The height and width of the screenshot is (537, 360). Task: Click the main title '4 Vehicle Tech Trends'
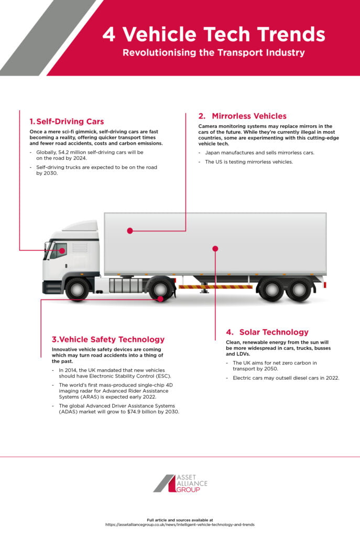tap(213, 35)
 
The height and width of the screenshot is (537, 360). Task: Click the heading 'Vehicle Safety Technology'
tap(108, 339)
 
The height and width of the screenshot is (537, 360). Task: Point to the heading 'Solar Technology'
tap(274, 332)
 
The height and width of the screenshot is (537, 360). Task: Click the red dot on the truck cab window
tap(62, 251)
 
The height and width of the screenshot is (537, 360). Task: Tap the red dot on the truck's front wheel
tap(160, 298)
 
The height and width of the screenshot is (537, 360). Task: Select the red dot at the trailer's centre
tap(215, 248)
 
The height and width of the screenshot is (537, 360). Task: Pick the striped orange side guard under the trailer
tap(215, 287)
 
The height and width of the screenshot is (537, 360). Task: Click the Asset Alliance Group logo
tap(180, 483)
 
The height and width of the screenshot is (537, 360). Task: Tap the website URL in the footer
tap(180, 524)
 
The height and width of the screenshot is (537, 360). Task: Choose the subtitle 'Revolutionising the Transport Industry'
tap(213, 53)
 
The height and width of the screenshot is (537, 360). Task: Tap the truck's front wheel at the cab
tap(77, 289)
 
